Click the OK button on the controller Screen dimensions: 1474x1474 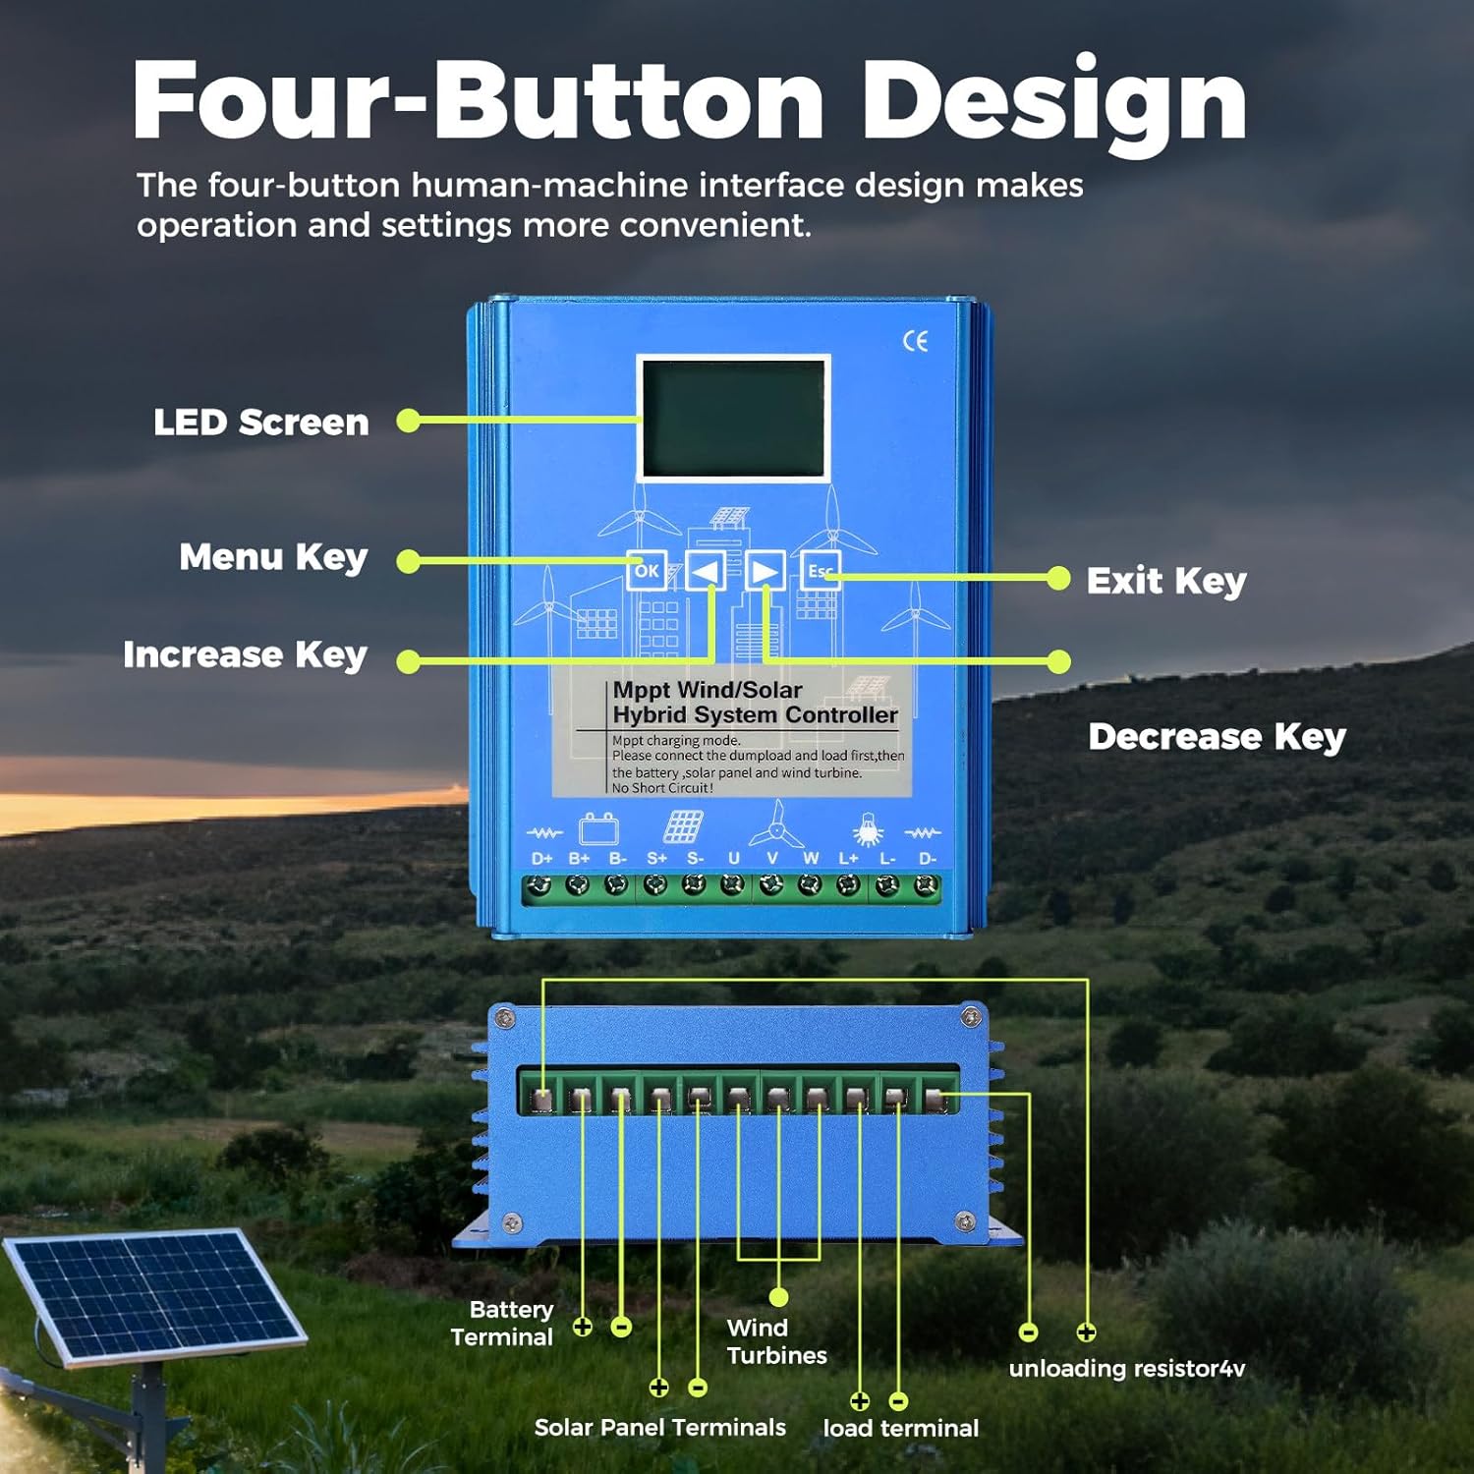point(647,571)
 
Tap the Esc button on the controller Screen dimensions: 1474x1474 point(820,571)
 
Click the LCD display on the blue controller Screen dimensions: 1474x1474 point(733,419)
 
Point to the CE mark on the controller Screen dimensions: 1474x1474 point(915,341)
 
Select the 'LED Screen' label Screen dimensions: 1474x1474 point(261,423)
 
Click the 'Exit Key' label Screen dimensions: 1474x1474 point(1166,581)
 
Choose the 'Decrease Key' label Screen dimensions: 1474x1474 point(1217,737)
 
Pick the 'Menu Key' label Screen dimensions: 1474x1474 point(273,557)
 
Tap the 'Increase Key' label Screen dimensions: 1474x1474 point(245,655)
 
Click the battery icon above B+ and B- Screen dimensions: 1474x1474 point(598,829)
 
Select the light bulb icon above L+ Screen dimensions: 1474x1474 point(867,830)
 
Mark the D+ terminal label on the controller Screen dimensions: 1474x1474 point(541,859)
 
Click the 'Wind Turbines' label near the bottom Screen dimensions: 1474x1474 point(776,1341)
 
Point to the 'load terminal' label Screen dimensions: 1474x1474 point(900,1428)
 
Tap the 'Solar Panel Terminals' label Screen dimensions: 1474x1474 point(659,1428)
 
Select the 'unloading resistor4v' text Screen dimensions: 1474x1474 point(1126,1369)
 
